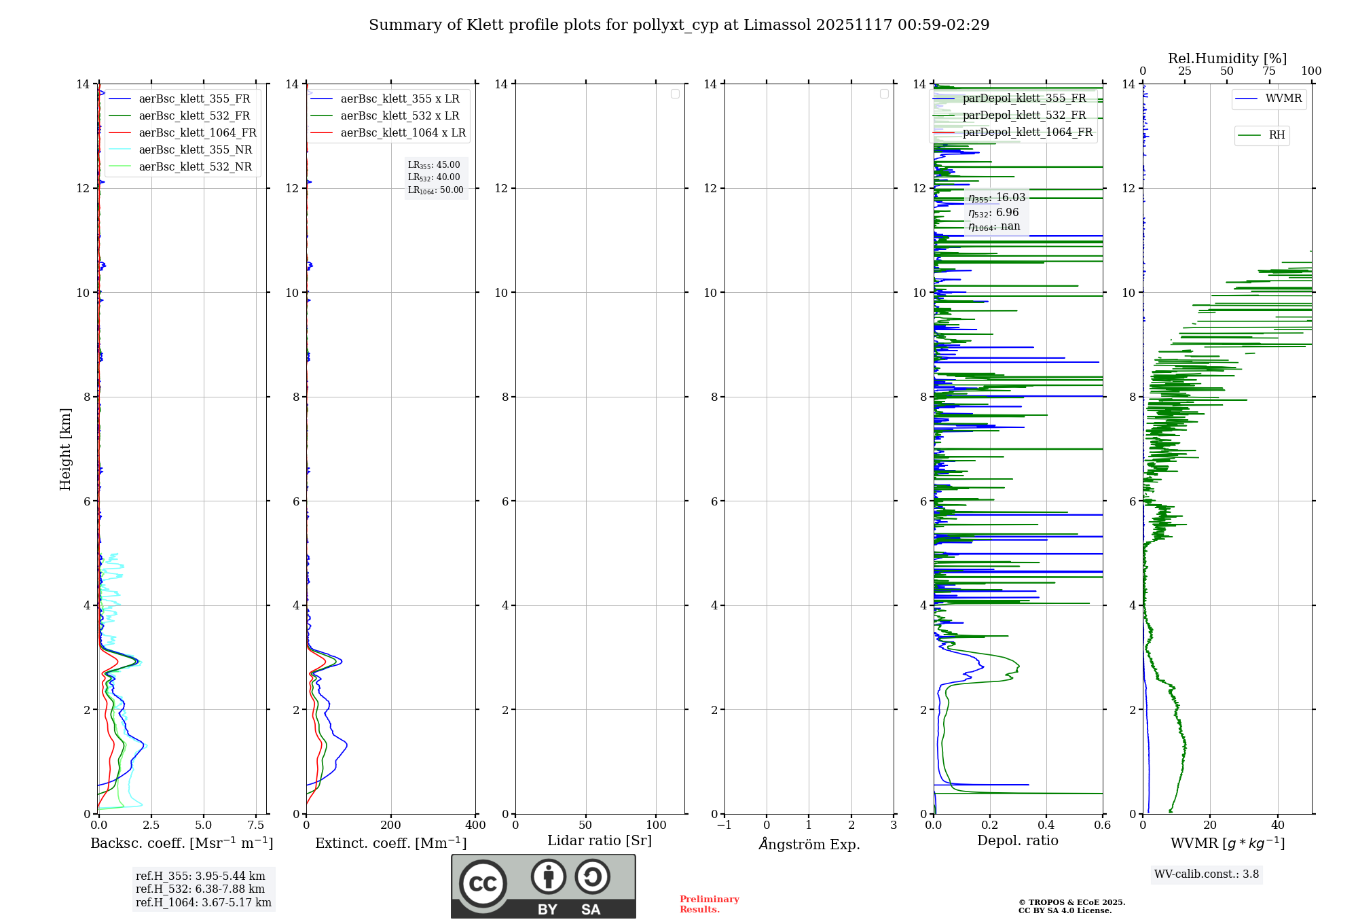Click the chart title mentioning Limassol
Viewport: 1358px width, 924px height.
point(679,25)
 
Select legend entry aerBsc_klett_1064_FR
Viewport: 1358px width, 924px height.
point(198,133)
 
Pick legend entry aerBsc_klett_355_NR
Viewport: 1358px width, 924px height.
point(195,150)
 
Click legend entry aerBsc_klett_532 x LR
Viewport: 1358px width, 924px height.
point(399,116)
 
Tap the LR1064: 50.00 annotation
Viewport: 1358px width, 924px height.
point(435,190)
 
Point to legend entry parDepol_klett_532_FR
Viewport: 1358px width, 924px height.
point(1024,115)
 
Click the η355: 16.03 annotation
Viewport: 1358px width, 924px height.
point(997,198)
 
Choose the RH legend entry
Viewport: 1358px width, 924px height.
point(1277,135)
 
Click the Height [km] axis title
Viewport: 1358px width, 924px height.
point(65,449)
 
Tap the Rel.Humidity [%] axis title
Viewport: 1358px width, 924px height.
point(1227,58)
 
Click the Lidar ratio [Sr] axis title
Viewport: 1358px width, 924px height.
point(600,841)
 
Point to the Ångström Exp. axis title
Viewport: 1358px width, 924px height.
point(809,845)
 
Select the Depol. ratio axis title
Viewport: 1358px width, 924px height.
point(1017,841)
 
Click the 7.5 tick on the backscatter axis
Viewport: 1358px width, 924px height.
point(256,825)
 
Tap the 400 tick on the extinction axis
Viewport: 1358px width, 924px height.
point(475,825)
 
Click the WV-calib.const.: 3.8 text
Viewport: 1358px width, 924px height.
point(1207,874)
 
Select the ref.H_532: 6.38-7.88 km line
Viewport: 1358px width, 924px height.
point(200,889)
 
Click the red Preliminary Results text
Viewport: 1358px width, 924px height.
point(709,904)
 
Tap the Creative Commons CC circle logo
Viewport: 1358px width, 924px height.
point(483,884)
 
